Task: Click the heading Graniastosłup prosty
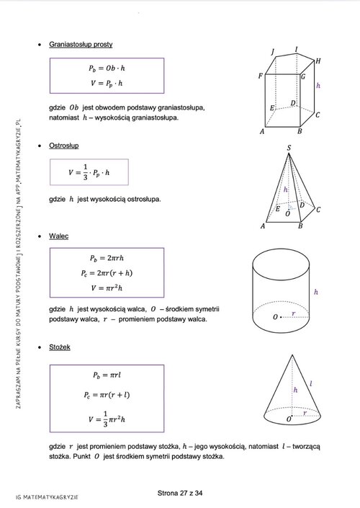(81, 45)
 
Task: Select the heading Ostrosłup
(64, 146)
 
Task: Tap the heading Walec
(58, 236)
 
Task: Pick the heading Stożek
(60, 347)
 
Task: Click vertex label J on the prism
(273, 52)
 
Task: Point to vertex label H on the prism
(318, 61)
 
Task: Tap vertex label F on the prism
(261, 76)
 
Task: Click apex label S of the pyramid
(289, 148)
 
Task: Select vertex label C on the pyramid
(318, 210)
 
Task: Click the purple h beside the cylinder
(316, 292)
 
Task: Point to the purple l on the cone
(311, 384)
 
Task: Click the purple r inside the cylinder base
(294, 313)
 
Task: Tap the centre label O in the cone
(289, 419)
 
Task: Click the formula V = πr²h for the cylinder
(107, 288)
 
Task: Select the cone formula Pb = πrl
(107, 375)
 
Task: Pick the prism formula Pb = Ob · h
(107, 68)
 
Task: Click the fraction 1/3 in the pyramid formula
(86, 172)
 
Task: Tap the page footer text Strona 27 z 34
(180, 493)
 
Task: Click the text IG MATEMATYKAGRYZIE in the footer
(47, 497)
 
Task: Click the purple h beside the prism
(318, 86)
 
